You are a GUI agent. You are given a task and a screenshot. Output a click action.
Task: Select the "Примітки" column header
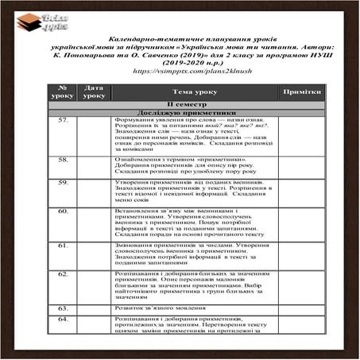pos(300,92)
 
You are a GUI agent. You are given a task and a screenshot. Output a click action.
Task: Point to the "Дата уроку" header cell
pos(94,92)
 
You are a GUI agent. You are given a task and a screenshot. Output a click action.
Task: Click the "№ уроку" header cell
pos(62,92)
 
